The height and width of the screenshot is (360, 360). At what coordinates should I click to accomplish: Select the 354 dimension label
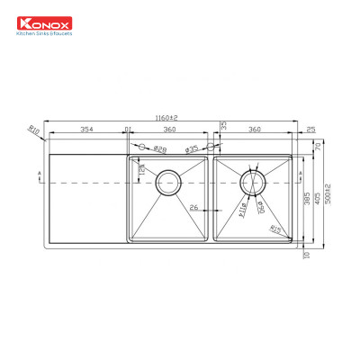coord(86,130)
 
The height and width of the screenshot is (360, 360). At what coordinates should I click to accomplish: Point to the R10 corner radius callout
coord(34,130)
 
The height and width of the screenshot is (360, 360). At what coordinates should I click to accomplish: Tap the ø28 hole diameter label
coord(159,148)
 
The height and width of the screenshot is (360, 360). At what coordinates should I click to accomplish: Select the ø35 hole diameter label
coord(191,148)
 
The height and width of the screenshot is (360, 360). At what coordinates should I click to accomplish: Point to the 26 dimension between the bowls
coord(194,208)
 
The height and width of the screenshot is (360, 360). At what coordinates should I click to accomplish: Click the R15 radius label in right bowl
coord(274,230)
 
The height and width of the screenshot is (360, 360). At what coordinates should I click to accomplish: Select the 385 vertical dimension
coord(306,197)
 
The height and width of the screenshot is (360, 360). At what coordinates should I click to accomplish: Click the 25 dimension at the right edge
coord(310,130)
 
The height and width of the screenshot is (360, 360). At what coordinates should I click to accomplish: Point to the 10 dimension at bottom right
coord(307,255)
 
